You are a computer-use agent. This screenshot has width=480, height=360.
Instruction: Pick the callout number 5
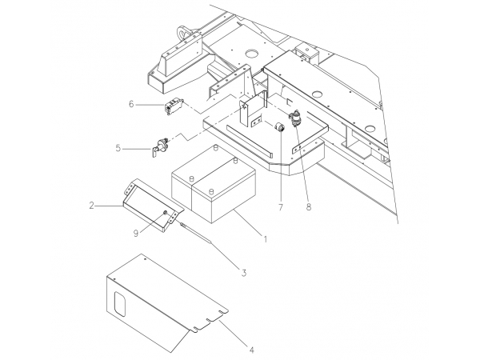pyautogui.click(x=118, y=147)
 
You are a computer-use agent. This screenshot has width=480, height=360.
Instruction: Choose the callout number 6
pyautogui.click(x=131, y=104)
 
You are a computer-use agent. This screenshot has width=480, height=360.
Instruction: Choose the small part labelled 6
pyautogui.click(x=173, y=106)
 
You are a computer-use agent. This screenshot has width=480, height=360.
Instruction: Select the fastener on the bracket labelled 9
pyautogui.click(x=165, y=213)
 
